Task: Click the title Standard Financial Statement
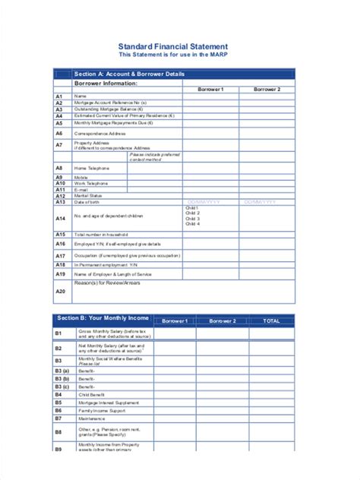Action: (178, 46)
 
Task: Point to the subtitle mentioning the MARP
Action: (178, 55)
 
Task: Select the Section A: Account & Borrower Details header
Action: (128, 74)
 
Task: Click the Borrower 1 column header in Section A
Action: (210, 90)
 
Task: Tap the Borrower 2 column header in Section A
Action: (267, 90)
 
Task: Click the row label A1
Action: (59, 96)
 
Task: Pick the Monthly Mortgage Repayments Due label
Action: (113, 122)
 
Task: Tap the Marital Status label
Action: (88, 195)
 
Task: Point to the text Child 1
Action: (192, 207)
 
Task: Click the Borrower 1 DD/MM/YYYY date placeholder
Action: (203, 202)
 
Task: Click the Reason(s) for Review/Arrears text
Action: (106, 283)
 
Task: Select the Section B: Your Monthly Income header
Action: (102, 320)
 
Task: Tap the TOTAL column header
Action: (271, 321)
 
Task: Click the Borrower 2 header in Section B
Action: (223, 321)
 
